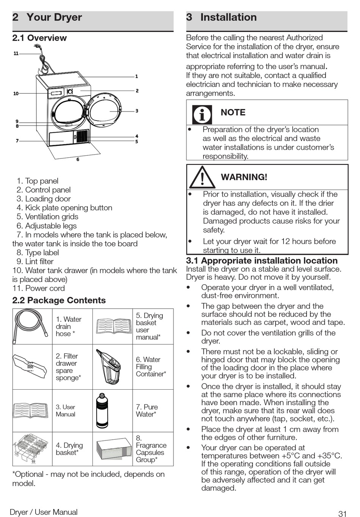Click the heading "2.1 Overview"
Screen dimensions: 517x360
(x=39, y=38)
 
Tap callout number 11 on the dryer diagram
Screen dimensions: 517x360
(x=16, y=53)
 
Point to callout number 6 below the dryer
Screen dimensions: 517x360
(x=78, y=160)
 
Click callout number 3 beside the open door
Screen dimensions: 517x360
(x=137, y=111)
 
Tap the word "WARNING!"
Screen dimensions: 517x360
(x=244, y=177)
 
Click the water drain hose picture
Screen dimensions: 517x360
(x=32, y=326)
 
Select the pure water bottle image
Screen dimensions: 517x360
(x=102, y=410)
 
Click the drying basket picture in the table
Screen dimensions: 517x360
(x=32, y=449)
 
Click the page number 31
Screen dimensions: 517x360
(x=343, y=513)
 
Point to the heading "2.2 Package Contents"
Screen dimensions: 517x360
(x=59, y=300)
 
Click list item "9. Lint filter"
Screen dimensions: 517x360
(x=35, y=262)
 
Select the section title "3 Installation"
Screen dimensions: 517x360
(x=221, y=17)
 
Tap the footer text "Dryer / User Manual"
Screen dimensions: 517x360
(x=44, y=512)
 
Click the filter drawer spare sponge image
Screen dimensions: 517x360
(x=32, y=367)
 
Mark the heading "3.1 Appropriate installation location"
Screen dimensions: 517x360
(x=262, y=261)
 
